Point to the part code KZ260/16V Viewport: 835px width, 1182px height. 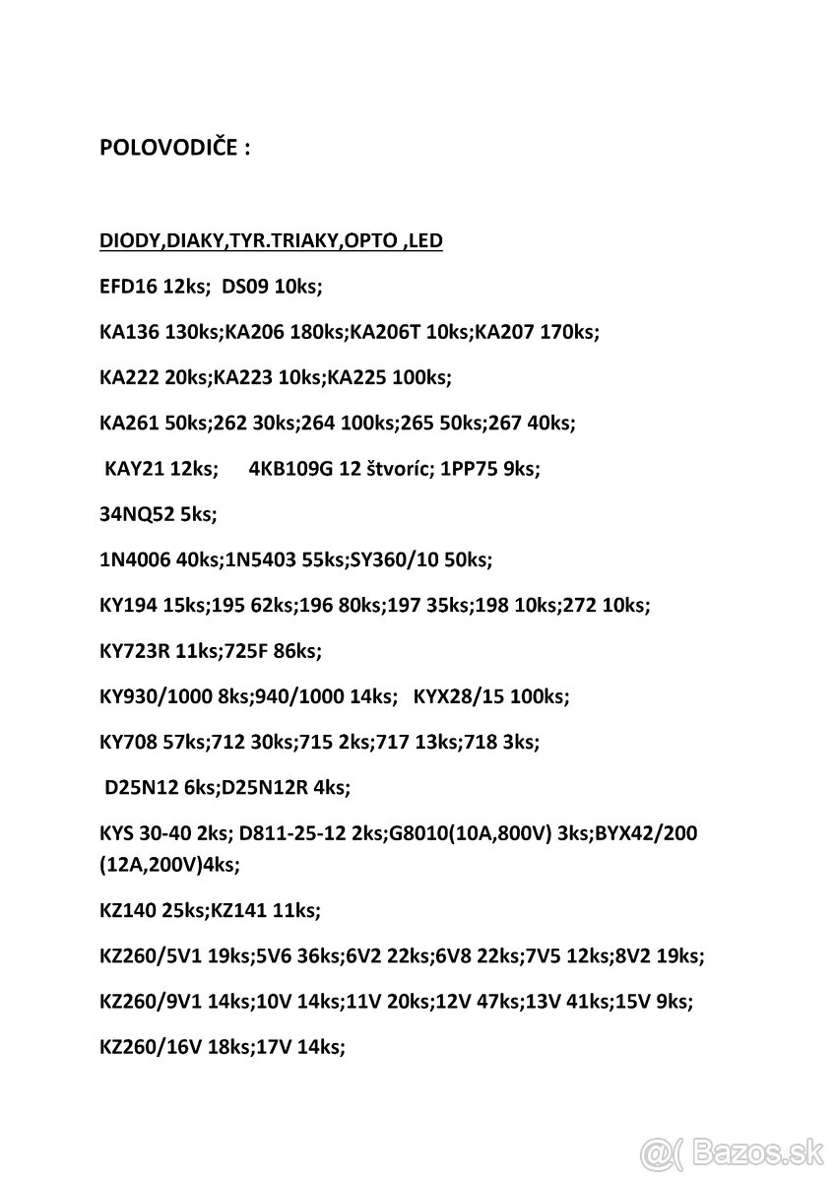[x=151, y=1048]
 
